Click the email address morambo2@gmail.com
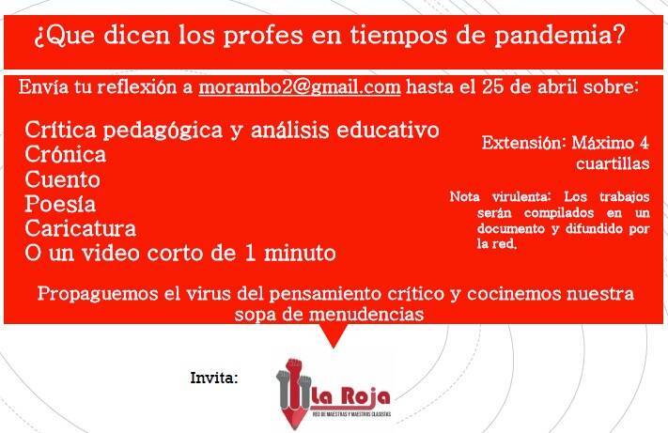point(300,87)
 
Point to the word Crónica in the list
point(65,154)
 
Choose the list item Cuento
point(62,179)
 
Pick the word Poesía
point(60,204)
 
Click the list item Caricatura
point(80,228)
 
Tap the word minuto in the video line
point(300,254)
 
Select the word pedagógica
point(163,131)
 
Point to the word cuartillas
point(613,163)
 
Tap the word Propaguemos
point(98,295)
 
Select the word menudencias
point(366,315)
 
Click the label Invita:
point(214,378)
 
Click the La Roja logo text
point(350,397)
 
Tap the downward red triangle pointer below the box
point(334,334)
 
